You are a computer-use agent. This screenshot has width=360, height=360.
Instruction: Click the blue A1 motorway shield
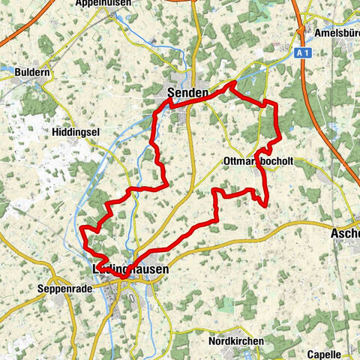pos(301,54)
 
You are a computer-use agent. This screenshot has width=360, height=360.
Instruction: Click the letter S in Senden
pos(170,92)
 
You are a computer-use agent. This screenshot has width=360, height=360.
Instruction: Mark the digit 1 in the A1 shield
pos(304,54)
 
